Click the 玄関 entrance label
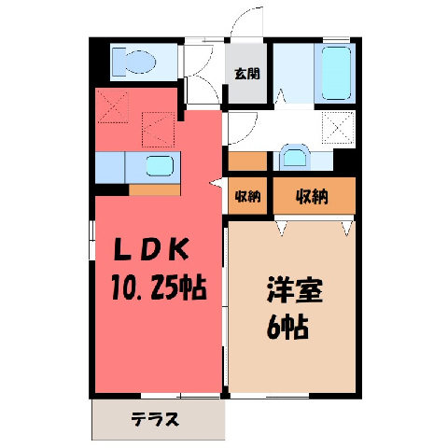[247, 74]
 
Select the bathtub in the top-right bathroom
[336, 73]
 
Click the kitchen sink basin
[160, 165]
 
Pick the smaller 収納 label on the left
[247, 196]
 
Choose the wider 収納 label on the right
[312, 196]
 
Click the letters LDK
[151, 249]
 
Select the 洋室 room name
[294, 289]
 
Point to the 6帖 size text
[287, 327]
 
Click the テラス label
[155, 419]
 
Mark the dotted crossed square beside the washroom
[338, 128]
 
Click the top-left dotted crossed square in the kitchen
[113, 106]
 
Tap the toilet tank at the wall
[119, 62]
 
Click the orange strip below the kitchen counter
[155, 189]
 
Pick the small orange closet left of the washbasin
[247, 161]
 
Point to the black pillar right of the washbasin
[344, 161]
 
